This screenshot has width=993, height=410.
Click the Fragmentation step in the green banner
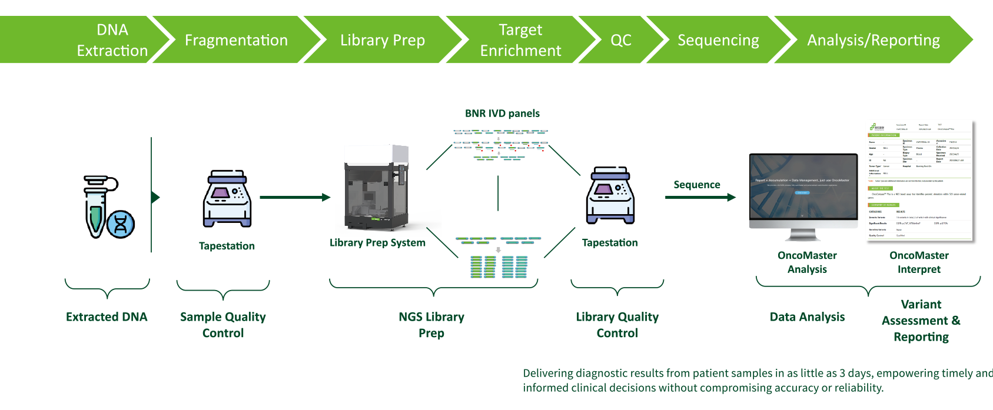236,40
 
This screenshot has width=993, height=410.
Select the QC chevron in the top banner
621,40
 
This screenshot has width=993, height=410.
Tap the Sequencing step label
718,40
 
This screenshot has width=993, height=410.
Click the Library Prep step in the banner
383,40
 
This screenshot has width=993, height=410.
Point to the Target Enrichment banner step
520,40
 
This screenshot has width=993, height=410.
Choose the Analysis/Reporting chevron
874,40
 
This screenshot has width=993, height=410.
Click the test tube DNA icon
96,205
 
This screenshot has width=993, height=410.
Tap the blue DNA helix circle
121,223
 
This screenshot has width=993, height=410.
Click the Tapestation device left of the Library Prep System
227,199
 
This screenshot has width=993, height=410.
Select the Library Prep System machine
376,189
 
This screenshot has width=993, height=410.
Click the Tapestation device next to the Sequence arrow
610,195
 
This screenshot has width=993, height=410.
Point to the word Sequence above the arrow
696,185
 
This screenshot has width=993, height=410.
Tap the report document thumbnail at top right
918,179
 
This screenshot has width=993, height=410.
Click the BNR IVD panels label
502,114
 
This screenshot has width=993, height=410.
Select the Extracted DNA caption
107,317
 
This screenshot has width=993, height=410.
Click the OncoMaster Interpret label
919,262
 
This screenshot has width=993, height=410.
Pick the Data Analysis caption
807,317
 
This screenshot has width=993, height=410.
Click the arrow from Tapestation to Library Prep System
295,198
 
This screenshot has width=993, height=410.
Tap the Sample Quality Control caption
223,325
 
